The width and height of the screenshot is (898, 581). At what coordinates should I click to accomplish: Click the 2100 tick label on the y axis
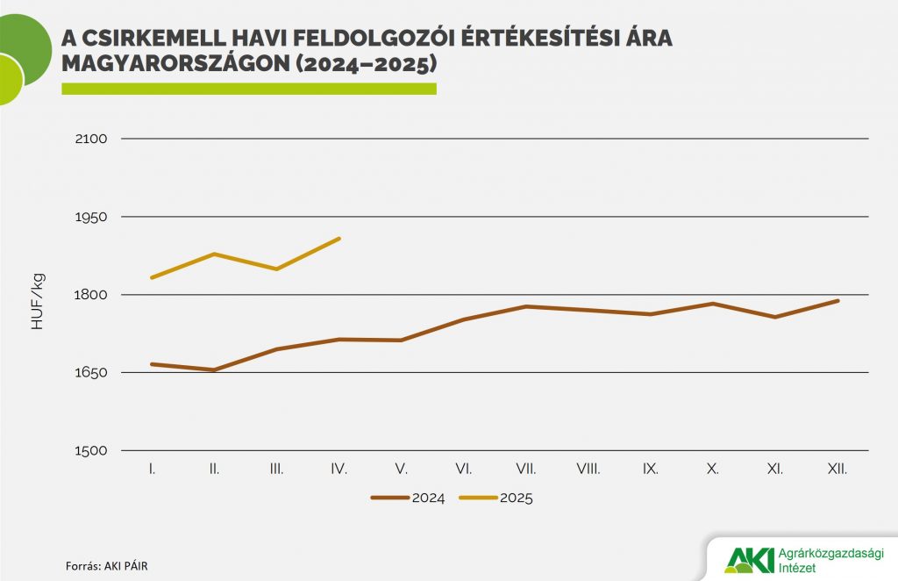(91, 139)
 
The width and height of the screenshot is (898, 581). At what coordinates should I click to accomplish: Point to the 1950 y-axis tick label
(91, 217)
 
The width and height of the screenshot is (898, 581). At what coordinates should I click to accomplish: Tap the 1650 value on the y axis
(91, 373)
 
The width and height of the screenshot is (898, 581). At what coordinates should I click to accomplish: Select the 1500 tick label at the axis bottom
(91, 451)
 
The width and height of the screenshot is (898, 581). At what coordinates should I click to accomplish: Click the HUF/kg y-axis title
(38, 301)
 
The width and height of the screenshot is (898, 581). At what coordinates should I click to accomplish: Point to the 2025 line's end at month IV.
(339, 239)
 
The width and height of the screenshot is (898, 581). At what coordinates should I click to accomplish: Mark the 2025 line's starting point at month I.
(153, 277)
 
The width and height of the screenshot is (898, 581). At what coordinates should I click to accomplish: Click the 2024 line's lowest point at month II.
(214, 369)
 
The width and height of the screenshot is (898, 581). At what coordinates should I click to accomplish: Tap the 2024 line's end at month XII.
(837, 301)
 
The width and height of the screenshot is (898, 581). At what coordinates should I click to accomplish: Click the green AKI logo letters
(750, 558)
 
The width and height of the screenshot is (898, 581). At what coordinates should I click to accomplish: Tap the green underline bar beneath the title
(249, 89)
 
